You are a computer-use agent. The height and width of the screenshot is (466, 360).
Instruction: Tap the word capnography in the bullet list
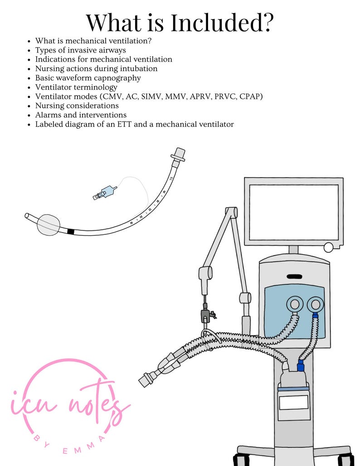119,78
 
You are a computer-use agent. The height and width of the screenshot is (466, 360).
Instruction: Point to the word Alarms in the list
47,115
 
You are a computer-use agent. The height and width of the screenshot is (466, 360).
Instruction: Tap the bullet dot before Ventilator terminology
29,87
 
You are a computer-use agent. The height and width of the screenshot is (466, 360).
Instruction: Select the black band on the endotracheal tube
70,232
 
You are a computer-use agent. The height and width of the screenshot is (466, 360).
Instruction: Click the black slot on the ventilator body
294,276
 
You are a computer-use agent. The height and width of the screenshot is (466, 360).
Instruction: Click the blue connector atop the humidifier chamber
300,365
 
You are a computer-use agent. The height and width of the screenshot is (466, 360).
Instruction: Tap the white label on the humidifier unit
293,402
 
